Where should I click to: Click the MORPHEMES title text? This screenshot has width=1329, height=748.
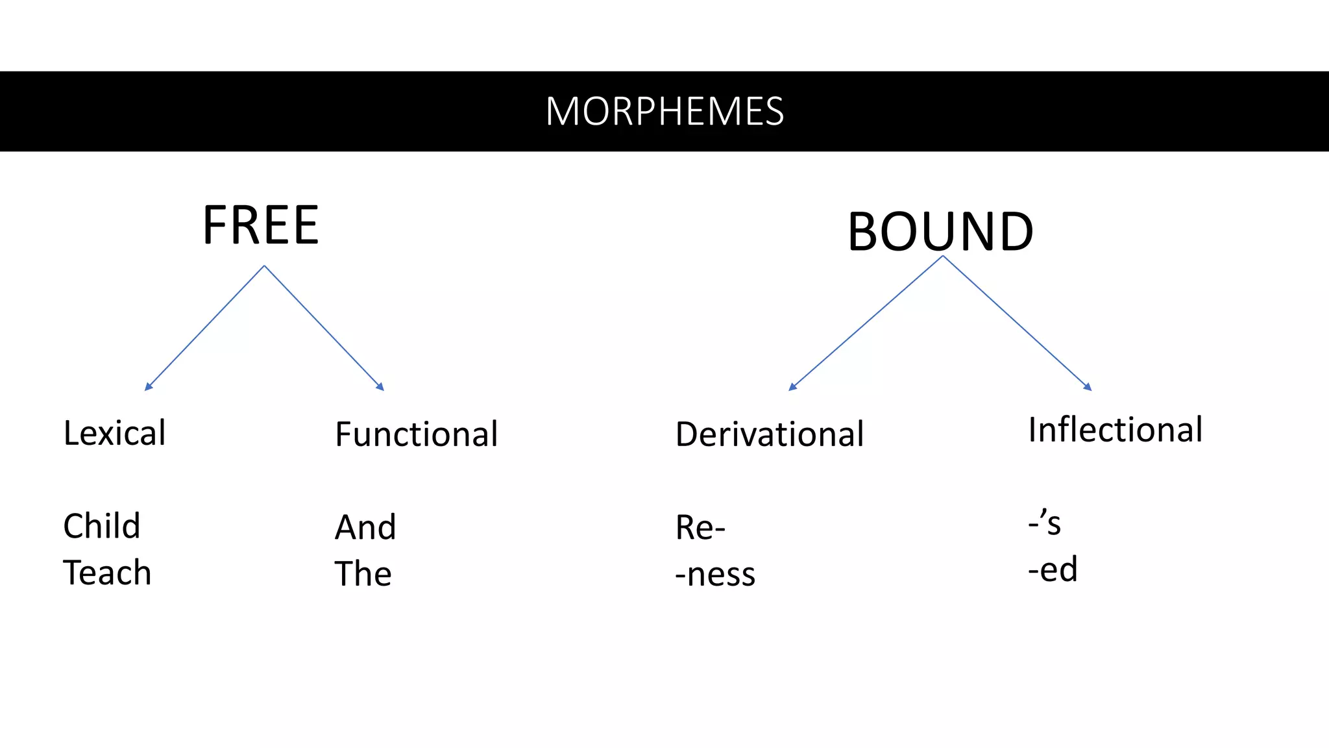(664, 111)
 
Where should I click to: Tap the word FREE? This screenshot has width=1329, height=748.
(260, 225)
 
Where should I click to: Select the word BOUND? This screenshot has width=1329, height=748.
(940, 232)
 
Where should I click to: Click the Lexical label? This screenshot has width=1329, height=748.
(114, 433)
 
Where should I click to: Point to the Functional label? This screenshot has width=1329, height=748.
(416, 434)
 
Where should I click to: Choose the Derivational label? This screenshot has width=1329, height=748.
(769, 434)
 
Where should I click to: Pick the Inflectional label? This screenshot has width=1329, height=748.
(1115, 430)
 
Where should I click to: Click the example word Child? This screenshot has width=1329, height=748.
(101, 526)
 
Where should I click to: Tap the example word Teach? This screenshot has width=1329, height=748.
(107, 573)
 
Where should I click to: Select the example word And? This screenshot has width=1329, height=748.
(365, 527)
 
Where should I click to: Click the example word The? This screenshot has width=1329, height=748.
(363, 574)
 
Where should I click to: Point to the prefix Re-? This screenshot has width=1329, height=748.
(700, 527)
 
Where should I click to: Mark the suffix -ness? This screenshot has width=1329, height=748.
(715, 575)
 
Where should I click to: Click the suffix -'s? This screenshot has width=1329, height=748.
(1044, 523)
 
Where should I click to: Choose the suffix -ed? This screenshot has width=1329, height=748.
(1053, 569)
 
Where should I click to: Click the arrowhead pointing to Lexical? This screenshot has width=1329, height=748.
(148, 388)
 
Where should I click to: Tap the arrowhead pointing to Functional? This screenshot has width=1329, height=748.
(381, 388)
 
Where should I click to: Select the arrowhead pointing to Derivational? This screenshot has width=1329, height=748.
(792, 388)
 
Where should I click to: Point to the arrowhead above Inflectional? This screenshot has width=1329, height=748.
(1088, 388)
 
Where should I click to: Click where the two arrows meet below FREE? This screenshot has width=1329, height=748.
(264, 266)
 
